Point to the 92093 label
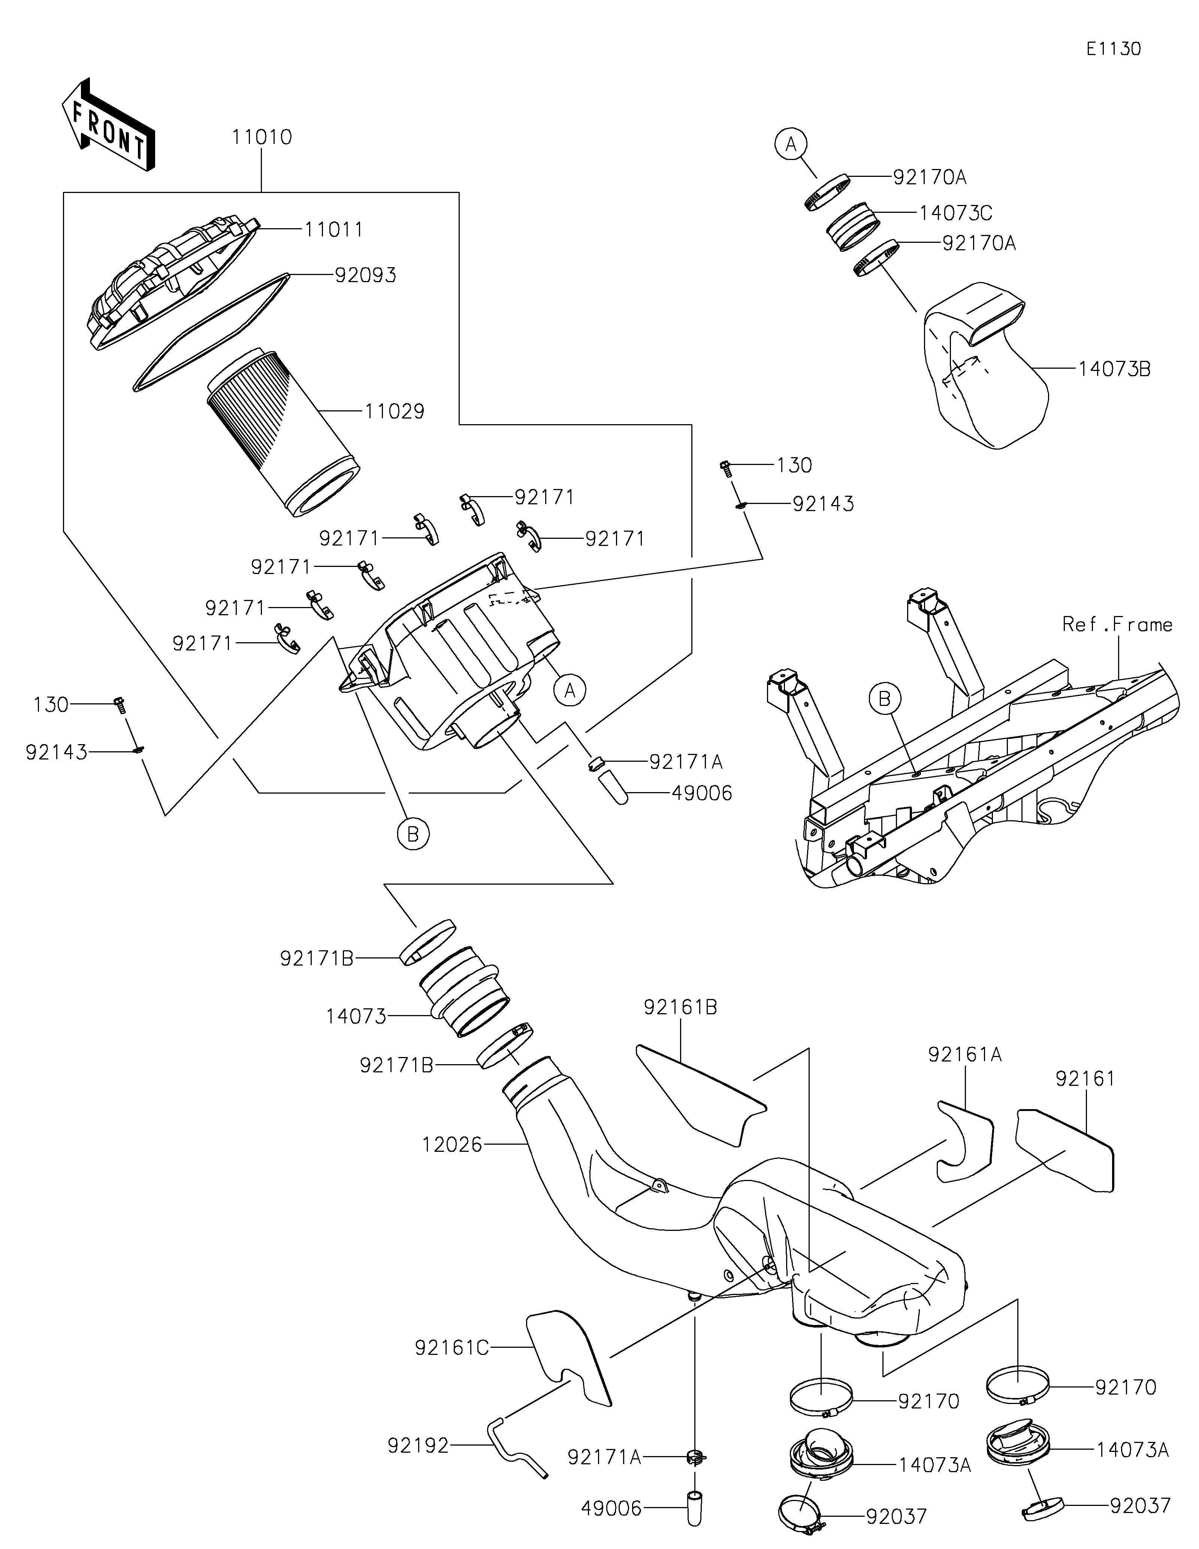click(365, 275)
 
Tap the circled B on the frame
click(885, 699)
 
